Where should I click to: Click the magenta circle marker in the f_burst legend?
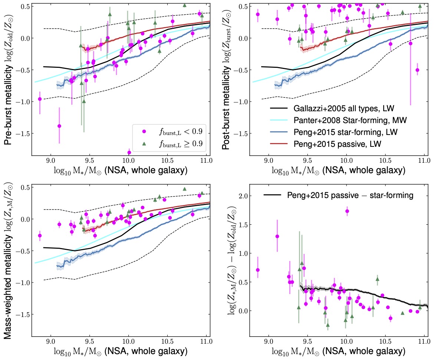click(144, 132)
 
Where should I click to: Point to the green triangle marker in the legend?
click(144, 143)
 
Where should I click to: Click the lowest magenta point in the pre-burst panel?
click(129, 152)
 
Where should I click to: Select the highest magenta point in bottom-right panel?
click(347, 211)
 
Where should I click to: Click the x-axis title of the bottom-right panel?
click(338, 351)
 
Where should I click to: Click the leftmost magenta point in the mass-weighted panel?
click(40, 235)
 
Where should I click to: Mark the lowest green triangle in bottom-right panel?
click(328, 325)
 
